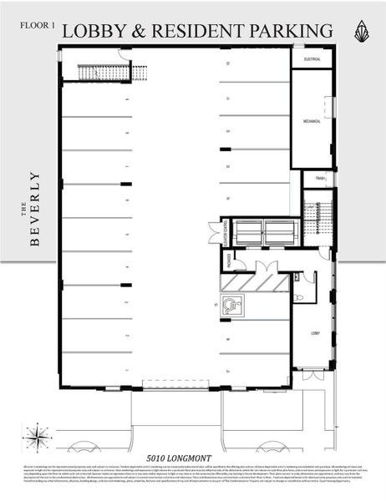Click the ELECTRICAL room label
[x=312, y=60]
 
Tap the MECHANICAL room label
[x=312, y=121]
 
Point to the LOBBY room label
[x=316, y=333]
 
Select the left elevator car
[x=248, y=232]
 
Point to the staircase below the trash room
[x=317, y=220]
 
